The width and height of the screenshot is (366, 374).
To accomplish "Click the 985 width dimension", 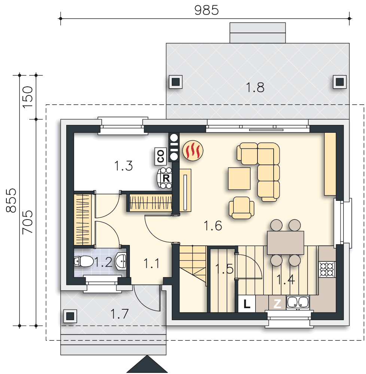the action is tap(206, 10).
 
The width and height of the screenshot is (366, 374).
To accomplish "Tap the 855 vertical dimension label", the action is tap(11, 200).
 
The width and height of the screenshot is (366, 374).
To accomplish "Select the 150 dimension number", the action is tap(28, 97).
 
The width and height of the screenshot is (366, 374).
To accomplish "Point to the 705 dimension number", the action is tap(28, 222).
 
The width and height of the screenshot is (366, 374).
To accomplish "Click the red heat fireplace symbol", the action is tap(193, 150).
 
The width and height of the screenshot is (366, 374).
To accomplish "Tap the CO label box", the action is tap(161, 156).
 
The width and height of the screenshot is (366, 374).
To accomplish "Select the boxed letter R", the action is tap(166, 178).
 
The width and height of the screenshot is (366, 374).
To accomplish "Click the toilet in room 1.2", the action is tap(83, 261).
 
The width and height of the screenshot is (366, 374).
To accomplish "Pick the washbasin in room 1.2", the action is tap(121, 261).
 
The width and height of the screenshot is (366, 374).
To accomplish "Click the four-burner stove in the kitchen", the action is tap(327, 269).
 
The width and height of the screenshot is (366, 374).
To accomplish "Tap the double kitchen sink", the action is tap(298, 303).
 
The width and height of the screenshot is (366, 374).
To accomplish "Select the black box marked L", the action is tap(247, 304).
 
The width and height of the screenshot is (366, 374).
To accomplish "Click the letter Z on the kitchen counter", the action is tap(277, 304).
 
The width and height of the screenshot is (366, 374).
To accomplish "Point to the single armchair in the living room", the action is tap(241, 208).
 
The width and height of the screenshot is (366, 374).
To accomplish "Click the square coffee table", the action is tap(239, 178).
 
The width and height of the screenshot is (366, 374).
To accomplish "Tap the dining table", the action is tap(286, 243).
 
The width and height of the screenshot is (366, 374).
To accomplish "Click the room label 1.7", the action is tap(119, 314).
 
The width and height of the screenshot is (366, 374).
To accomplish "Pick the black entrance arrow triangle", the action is tap(147, 364).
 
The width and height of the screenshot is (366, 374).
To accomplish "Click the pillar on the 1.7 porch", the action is tap(70, 316).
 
